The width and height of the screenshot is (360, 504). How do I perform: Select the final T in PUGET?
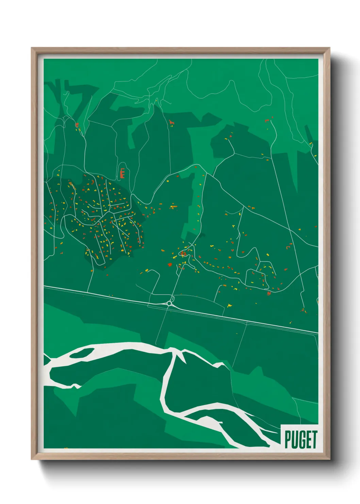[314, 440]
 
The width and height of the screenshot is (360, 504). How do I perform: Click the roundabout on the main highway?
[169, 303]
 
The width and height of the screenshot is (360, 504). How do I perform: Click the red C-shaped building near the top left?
[77, 125]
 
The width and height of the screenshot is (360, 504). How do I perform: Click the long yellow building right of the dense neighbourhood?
[174, 206]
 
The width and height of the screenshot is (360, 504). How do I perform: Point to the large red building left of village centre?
[170, 264]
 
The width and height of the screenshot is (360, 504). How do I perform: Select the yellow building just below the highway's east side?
[230, 305]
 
